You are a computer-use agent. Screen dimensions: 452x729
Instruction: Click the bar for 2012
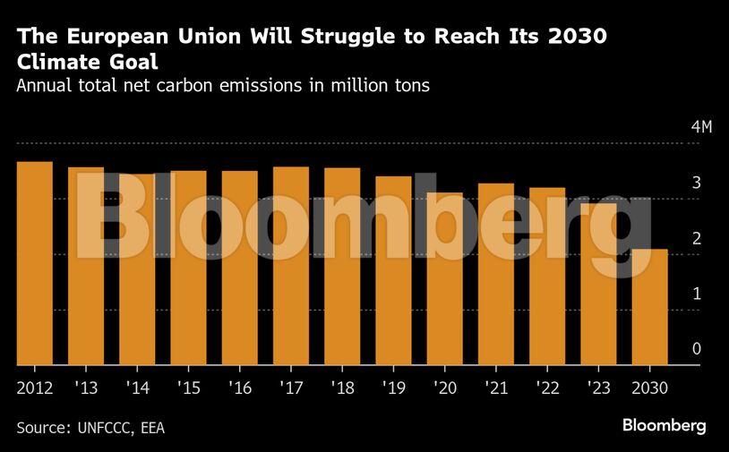(35, 263)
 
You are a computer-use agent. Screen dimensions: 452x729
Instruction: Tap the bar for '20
(444, 278)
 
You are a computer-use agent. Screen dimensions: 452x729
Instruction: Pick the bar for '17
(291, 266)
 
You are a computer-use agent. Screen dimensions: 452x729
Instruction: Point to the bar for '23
(598, 284)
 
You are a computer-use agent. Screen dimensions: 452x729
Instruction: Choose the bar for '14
(137, 269)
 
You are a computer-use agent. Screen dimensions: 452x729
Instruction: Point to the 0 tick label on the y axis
(696, 349)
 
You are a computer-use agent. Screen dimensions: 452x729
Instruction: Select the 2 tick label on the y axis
(696, 238)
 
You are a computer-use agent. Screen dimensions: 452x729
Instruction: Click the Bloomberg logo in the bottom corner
(664, 425)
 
